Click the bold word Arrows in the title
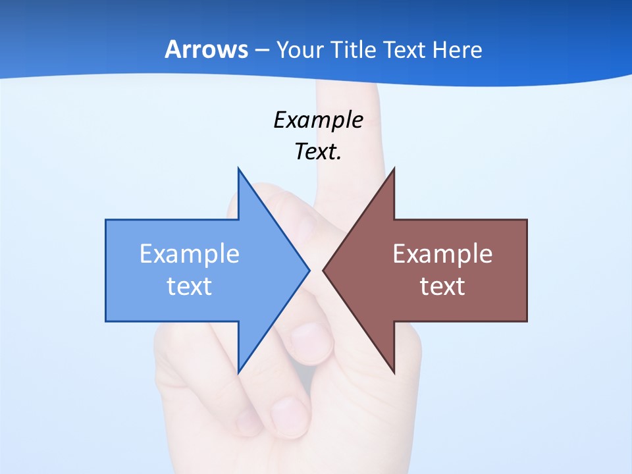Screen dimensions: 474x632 [206, 50]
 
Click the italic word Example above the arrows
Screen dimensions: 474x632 [318, 120]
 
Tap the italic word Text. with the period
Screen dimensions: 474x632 [318, 152]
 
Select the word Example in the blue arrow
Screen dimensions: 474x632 [190, 254]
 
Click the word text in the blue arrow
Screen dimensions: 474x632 [190, 286]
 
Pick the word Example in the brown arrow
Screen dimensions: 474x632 [442, 254]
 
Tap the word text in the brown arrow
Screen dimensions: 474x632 [442, 286]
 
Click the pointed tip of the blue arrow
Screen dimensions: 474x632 [309, 270]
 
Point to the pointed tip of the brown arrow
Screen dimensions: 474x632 [323, 270]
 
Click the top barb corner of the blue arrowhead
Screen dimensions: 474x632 [238, 169]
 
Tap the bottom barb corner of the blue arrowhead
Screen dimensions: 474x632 [238, 372]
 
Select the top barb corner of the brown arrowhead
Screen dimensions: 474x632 [394, 169]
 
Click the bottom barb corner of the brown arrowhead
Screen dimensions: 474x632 [394, 372]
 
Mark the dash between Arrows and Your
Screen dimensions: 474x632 [261, 51]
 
